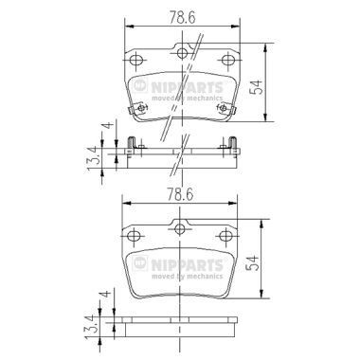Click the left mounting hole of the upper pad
coord(137,60)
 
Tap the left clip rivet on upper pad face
coord(139,109)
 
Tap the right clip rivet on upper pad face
coord(224,109)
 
